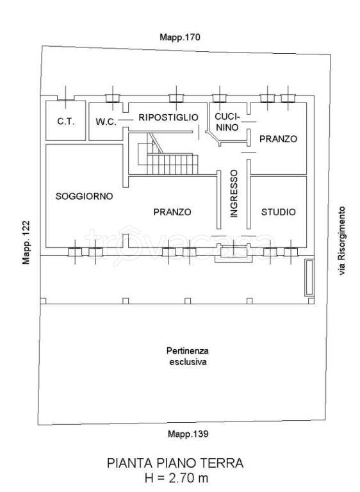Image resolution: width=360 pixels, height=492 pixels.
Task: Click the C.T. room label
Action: click(66, 122)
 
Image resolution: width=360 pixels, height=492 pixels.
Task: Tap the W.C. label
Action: click(106, 122)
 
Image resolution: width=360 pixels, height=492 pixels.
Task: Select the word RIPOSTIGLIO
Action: click(168, 117)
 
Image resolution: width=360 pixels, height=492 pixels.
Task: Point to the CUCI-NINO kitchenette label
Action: click(227, 122)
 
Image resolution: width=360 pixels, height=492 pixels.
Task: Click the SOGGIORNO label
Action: click(84, 196)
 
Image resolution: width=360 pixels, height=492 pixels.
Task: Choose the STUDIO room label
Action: click(279, 212)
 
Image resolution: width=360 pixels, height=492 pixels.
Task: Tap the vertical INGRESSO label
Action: click(234, 193)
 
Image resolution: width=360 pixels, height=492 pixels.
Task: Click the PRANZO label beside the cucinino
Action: click(278, 138)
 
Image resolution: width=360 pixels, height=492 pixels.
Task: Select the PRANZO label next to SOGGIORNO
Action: click(172, 212)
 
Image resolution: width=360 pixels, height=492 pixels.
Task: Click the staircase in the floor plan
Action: click(168, 154)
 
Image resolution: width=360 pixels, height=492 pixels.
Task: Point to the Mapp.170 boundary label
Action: click(180, 37)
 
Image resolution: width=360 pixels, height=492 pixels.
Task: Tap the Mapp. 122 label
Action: click(26, 243)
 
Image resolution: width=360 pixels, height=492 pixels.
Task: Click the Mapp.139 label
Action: click(188, 434)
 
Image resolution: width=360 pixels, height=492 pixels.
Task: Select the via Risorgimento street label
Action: click(341, 241)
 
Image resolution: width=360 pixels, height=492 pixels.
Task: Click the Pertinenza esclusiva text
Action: click(188, 356)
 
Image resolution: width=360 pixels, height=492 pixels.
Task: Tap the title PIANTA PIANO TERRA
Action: click(175, 463)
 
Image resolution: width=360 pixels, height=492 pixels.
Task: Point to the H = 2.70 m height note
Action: click(176, 478)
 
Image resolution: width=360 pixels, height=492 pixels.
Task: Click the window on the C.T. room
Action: click(66, 97)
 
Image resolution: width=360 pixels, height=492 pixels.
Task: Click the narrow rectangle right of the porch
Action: click(309, 277)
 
